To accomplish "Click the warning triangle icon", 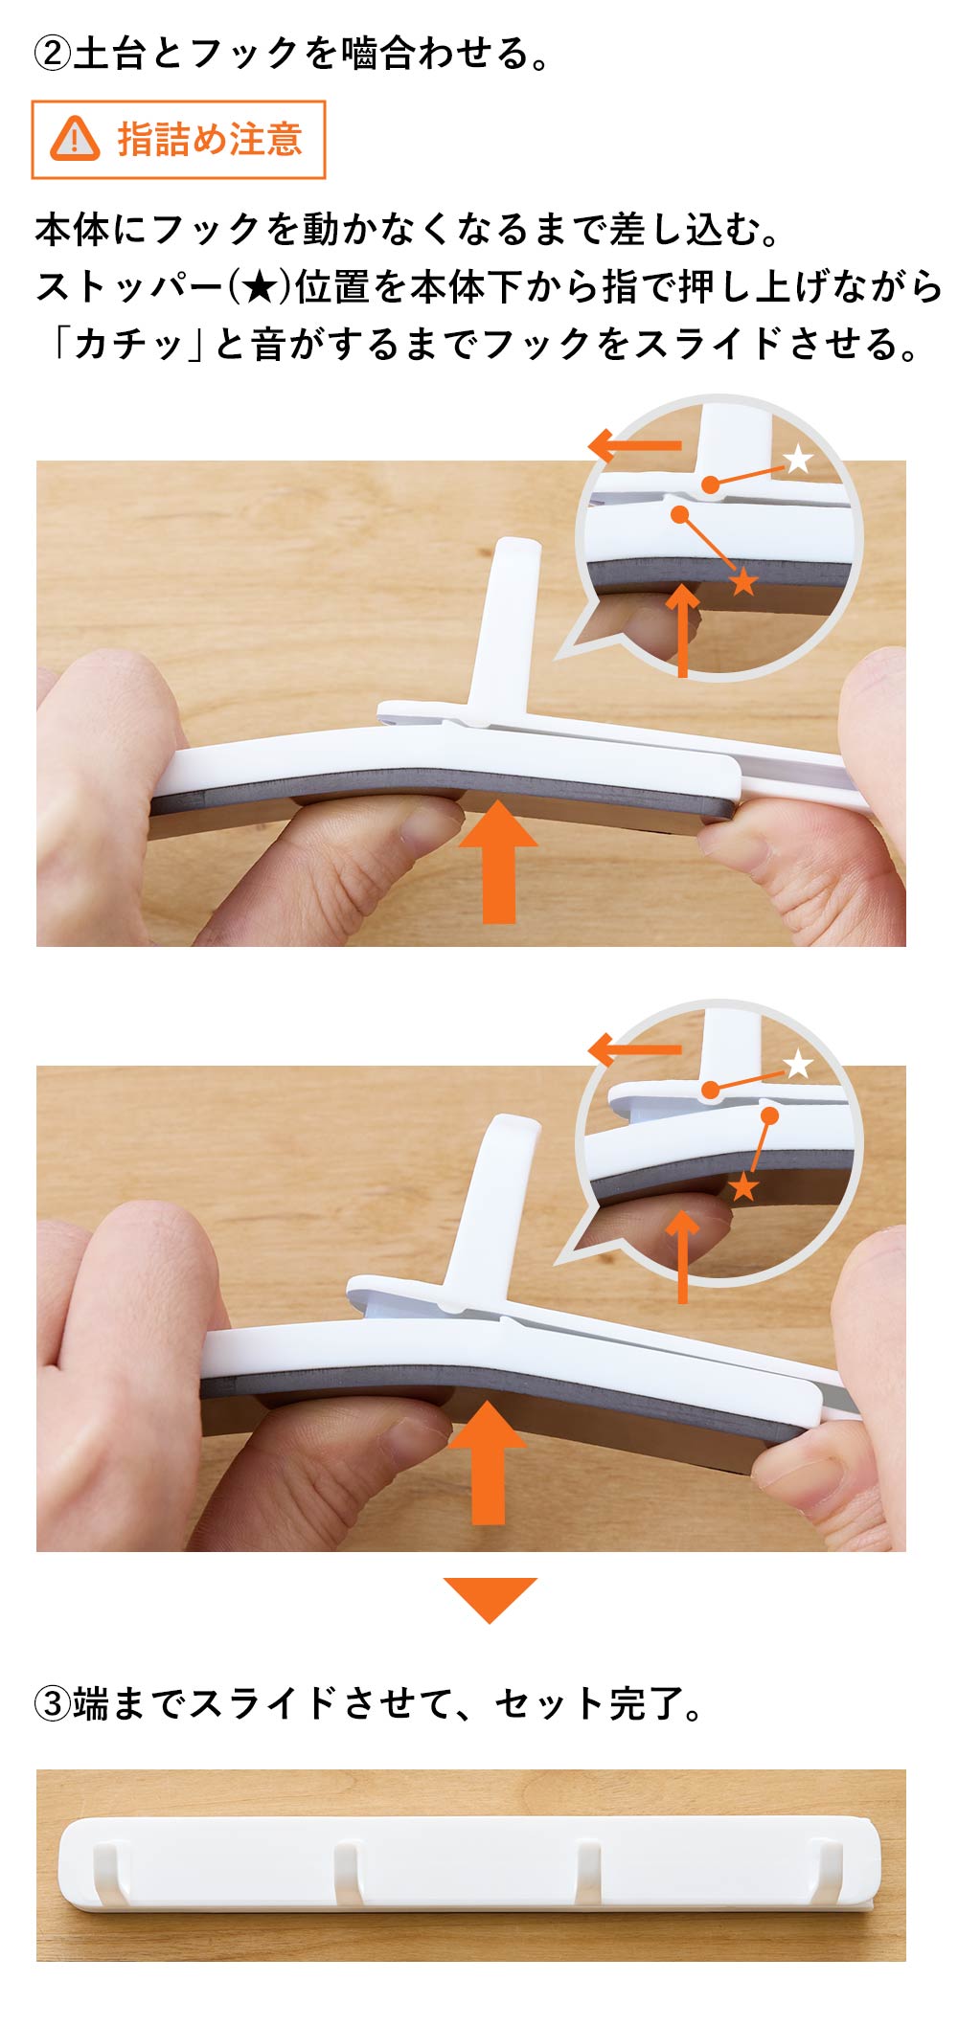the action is pos(75,140).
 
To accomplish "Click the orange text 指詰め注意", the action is pos(210,140).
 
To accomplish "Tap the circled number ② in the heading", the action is pos(53,54).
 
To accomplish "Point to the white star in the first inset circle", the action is pos(798,460).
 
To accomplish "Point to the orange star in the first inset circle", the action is pos(743,580).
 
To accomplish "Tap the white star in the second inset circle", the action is pos(798,1064).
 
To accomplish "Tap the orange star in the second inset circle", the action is pos(743,1188).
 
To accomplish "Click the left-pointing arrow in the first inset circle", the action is pos(634,445).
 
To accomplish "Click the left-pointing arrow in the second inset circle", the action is pos(634,1049).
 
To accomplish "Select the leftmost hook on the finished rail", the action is pos(108,1873).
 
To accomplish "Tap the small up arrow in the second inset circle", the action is pos(682,1256).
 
